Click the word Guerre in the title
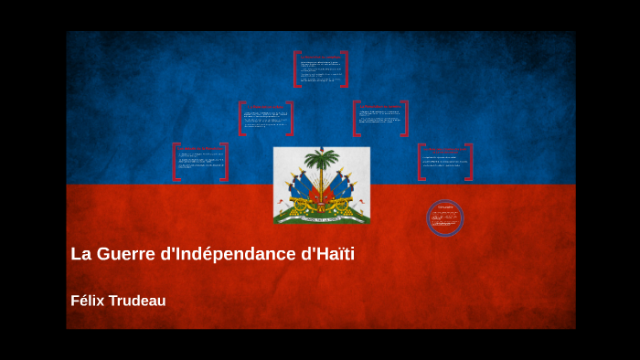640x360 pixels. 123,254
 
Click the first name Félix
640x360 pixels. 88,301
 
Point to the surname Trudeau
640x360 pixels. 138,301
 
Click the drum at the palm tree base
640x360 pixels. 322,205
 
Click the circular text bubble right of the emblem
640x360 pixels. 445,218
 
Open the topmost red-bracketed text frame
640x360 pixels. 321,69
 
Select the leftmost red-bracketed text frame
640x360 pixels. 200,162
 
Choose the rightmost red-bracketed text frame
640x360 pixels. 445,162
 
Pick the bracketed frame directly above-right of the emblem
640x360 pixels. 380,118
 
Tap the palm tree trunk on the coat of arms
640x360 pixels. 322,183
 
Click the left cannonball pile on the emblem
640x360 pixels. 287,213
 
